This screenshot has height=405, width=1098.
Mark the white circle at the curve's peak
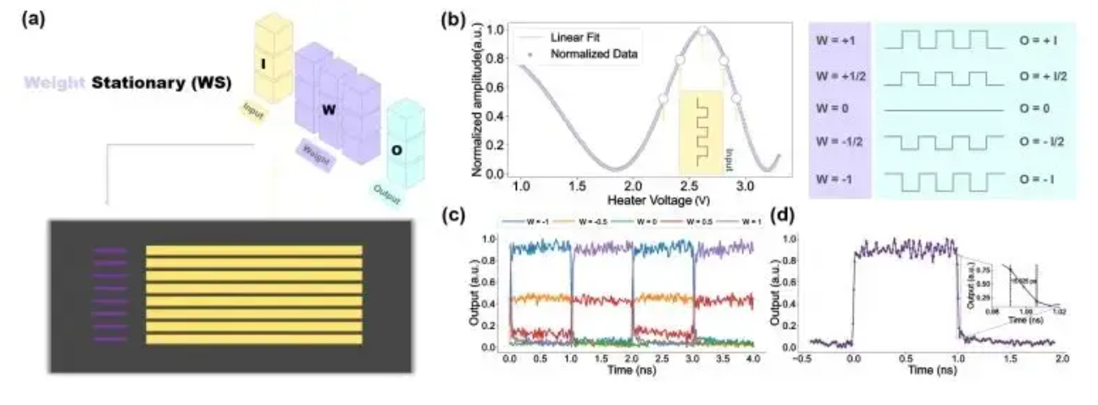tap(702, 31)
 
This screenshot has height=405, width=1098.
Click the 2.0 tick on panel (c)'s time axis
tap(633, 360)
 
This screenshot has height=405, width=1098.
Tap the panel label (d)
tap(784, 215)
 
